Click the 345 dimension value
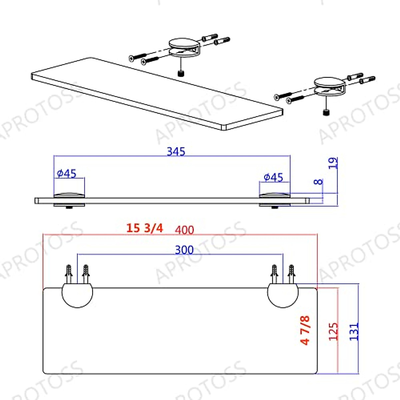pyautogui.click(x=176, y=152)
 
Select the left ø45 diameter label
pyautogui.click(x=67, y=173)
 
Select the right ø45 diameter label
pyautogui.click(x=273, y=177)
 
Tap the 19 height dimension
pyautogui.click(x=333, y=163)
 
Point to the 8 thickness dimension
pyautogui.click(x=319, y=182)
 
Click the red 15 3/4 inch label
pyautogui.click(x=145, y=228)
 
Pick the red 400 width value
pyautogui.click(x=184, y=230)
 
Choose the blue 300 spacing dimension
pyautogui.click(x=184, y=250)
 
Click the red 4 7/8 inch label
pyautogui.click(x=305, y=330)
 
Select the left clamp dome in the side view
pyautogui.click(x=69, y=195)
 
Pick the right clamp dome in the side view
pyautogui.click(x=275, y=195)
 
